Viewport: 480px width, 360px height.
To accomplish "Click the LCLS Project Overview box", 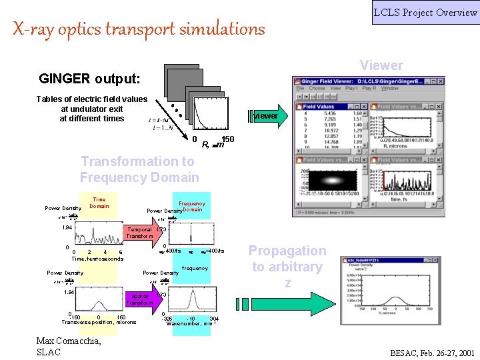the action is pos(425,13).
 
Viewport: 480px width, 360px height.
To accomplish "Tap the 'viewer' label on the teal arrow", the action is pos(266,116).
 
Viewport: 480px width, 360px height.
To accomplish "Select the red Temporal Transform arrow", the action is pos(141,232).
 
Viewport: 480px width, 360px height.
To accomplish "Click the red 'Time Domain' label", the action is pos(99,203).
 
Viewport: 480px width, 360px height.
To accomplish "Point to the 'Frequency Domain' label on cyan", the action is pos(192,207).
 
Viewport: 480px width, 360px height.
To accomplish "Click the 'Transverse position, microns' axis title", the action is pos(99,322).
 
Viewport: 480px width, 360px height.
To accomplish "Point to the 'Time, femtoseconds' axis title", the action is pos(97,259).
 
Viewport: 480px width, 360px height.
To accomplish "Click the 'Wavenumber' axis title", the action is pos(189,323).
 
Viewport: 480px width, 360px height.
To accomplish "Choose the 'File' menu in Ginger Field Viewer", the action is pos(300,88).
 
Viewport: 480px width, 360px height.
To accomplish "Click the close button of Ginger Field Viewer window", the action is pos(441,80).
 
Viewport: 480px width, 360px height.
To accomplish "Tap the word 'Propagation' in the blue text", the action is pos(287,251).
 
